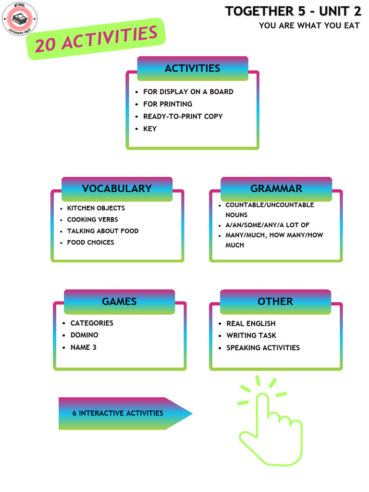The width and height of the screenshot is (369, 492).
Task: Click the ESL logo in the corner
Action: [x=20, y=19]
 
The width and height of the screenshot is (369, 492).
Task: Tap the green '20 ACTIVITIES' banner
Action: [x=96, y=39]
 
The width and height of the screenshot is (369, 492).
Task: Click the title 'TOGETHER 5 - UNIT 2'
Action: [x=293, y=12]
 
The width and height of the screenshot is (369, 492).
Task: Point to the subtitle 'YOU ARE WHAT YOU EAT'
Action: [x=309, y=25]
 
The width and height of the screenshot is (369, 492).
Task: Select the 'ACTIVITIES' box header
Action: [x=192, y=68]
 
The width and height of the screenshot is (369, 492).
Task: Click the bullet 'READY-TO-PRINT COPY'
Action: [x=183, y=116]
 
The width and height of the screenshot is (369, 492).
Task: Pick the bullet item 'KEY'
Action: [x=150, y=129]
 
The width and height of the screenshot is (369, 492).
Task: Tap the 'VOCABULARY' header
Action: [x=117, y=188]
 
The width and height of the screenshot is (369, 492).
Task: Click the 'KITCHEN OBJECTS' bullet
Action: [x=96, y=208]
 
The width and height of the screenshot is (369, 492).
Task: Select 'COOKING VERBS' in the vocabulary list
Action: [x=92, y=220]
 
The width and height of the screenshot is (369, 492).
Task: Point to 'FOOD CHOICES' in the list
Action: [x=90, y=243]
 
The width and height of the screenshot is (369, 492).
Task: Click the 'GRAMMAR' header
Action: [x=276, y=188]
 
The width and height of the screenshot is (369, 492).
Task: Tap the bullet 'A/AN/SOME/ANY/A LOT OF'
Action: [x=267, y=225]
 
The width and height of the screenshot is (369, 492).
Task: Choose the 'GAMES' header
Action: [x=119, y=302]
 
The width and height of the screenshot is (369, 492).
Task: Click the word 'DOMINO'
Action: [x=84, y=335]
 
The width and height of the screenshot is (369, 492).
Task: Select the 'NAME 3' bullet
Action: [x=83, y=347]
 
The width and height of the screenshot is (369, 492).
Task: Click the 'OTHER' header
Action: [x=275, y=302]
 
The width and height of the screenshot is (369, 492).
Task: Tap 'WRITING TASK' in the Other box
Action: [x=251, y=335]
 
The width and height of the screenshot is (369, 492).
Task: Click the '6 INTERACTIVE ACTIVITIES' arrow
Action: [x=120, y=413]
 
